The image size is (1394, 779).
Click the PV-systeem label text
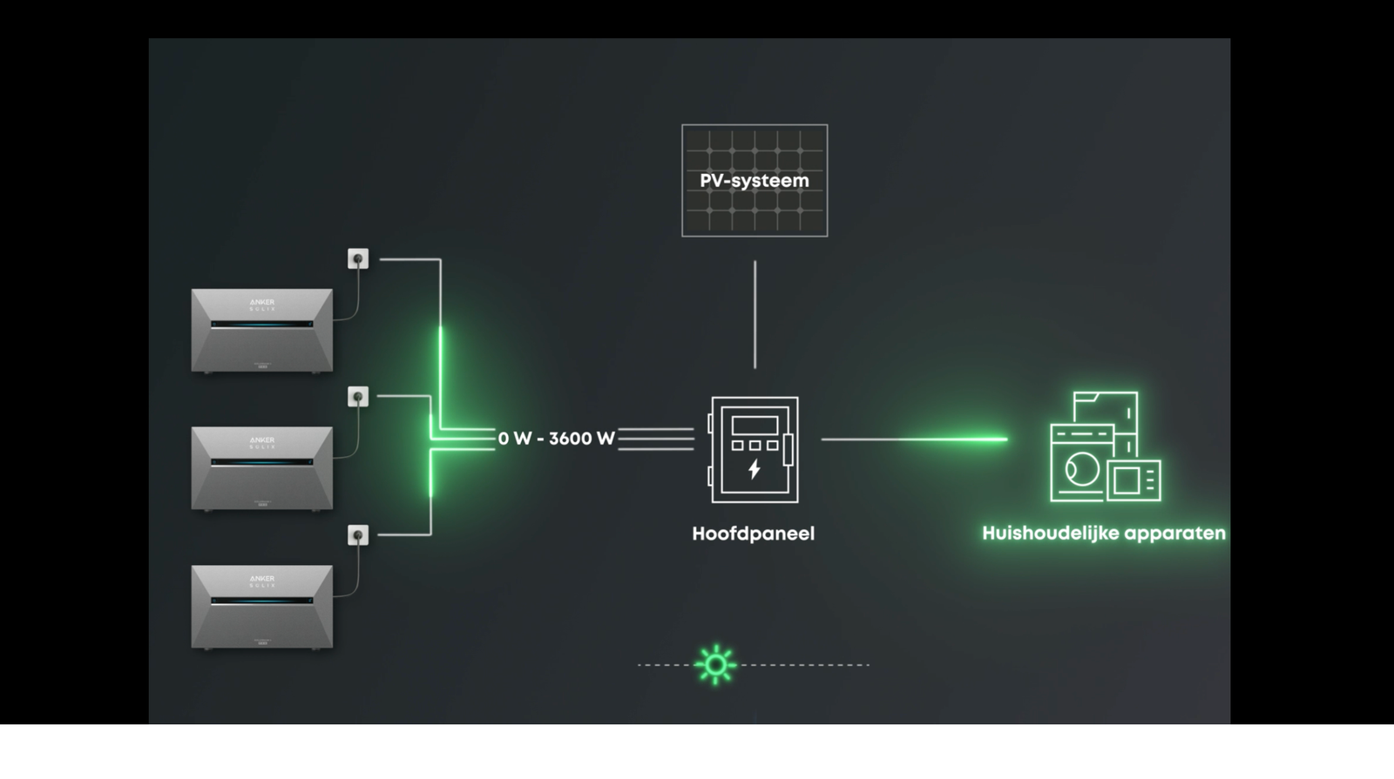tap(755, 181)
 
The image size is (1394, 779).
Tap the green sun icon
tap(715, 665)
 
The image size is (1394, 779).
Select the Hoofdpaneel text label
tap(753, 534)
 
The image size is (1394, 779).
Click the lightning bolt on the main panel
tap(755, 469)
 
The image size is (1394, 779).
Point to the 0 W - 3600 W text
tap(557, 439)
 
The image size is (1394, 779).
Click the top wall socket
tap(358, 259)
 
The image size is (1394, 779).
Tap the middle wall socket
tap(358, 397)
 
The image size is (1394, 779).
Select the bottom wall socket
tap(358, 535)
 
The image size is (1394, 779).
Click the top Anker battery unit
tap(261, 331)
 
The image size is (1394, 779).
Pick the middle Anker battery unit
tap(261, 468)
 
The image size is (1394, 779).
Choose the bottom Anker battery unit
tap(261, 607)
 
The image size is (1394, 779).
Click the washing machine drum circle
tap(1081, 471)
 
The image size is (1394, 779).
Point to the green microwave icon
tap(1135, 480)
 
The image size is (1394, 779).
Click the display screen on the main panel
tap(755, 425)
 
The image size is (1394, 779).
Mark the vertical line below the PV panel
tap(755, 313)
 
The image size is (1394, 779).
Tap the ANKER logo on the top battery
tap(261, 302)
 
